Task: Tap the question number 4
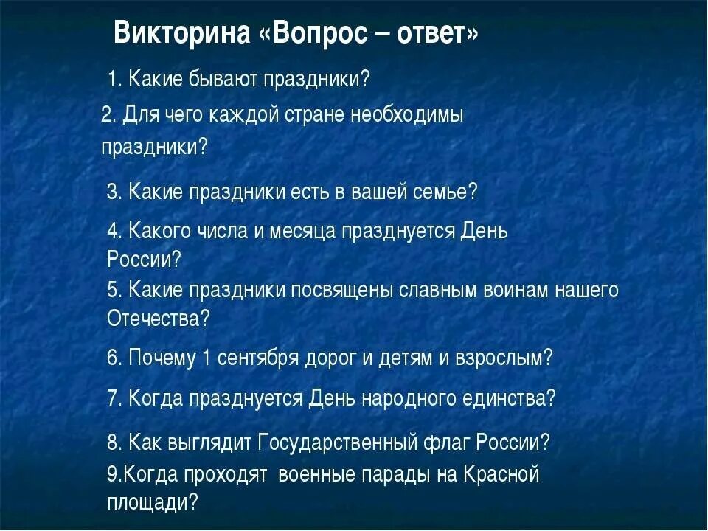(x=114, y=231)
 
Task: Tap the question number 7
(x=114, y=398)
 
